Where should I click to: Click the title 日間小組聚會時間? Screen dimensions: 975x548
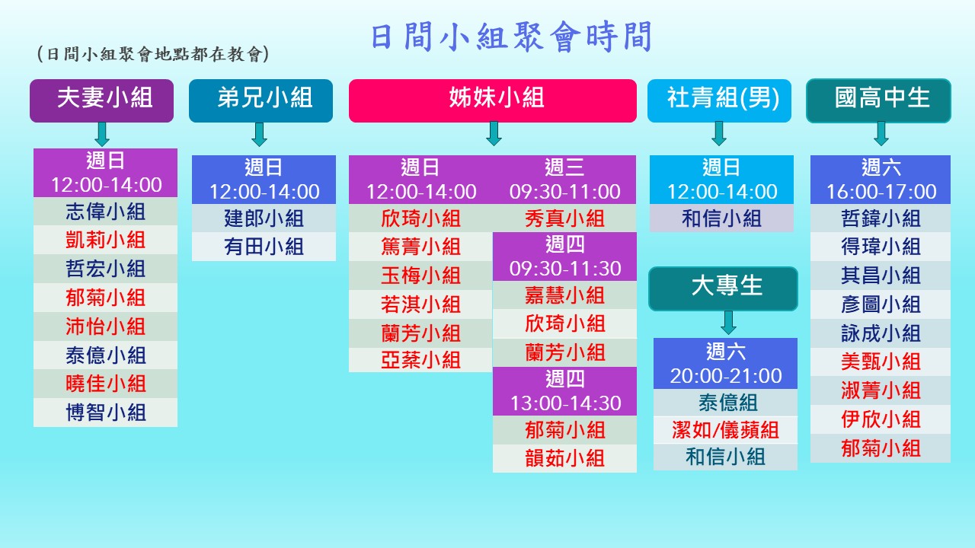pos(511,37)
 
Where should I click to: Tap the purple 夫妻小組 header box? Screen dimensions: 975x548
pos(101,100)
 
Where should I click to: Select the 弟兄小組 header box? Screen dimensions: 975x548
pos(261,100)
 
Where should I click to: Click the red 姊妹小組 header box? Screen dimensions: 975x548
pos(493,100)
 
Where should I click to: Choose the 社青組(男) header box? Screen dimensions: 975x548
pos(719,100)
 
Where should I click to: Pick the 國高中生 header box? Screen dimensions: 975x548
pos(878,100)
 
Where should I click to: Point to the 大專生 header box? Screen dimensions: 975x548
pos(723,288)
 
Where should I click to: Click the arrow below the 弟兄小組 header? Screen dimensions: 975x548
pos(260,134)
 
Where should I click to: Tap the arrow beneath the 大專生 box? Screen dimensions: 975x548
pos(729,322)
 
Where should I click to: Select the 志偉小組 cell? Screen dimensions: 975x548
pos(105,212)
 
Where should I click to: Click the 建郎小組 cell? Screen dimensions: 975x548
pos(264,218)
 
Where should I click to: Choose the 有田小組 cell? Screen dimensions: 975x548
pos(264,247)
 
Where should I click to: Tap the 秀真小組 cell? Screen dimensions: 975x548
pos(564,218)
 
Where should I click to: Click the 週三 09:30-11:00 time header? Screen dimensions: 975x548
pos(564,180)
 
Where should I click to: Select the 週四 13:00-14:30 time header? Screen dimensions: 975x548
pos(564,391)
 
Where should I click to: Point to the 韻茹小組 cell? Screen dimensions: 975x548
pos(564,458)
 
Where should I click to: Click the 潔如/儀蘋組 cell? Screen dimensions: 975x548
pos(725,430)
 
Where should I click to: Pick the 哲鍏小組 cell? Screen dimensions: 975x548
pos(881,218)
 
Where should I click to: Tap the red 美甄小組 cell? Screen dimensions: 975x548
pos(881,362)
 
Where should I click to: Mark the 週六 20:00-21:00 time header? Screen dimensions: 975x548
pos(725,364)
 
